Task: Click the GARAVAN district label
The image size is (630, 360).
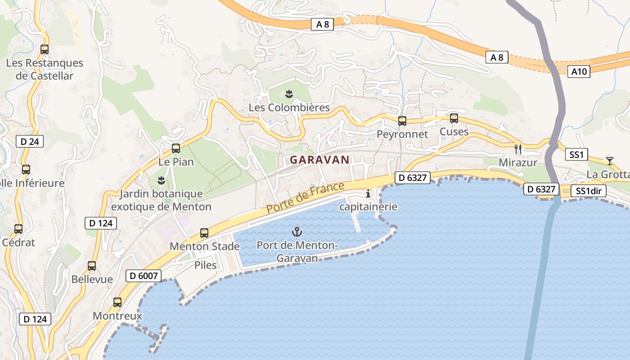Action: point(319,160)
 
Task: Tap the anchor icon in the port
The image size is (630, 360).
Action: point(297,232)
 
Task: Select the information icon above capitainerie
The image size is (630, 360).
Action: point(369,194)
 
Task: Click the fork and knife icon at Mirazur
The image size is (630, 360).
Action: point(518,148)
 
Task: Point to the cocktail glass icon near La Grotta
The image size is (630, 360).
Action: point(609,160)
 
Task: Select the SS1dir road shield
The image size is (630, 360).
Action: point(589,191)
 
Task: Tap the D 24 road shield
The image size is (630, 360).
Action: point(30,142)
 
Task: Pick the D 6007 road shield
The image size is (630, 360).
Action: point(143,275)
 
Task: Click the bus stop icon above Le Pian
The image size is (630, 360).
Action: point(176,148)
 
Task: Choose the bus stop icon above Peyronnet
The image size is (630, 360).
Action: point(402,121)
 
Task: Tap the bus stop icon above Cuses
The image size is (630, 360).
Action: point(454,118)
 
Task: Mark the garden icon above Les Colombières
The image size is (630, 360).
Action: point(289,94)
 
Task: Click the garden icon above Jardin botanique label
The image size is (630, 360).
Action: point(161,180)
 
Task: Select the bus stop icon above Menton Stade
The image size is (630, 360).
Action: point(204,233)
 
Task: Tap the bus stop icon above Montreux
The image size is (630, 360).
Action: point(117,302)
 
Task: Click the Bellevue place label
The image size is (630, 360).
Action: point(92,279)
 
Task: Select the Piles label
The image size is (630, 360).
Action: point(205,265)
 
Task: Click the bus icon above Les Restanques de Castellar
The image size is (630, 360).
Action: point(45,49)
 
